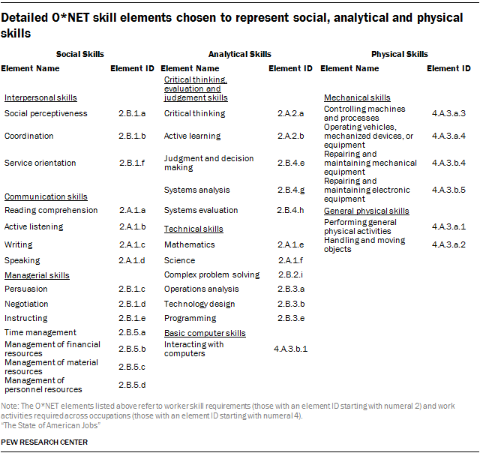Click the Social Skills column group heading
click(x=80, y=54)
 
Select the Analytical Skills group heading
click(x=240, y=54)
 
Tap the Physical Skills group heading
click(x=400, y=54)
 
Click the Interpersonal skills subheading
click(x=40, y=97)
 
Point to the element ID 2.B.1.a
click(x=132, y=113)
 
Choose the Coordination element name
click(x=28, y=136)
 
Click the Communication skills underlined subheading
click(x=46, y=196)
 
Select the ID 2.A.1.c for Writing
click(x=132, y=244)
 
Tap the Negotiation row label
click(x=26, y=304)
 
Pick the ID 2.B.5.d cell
click(x=132, y=385)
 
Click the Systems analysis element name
click(x=196, y=190)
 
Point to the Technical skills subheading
click(x=193, y=229)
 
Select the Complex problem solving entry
click(x=211, y=274)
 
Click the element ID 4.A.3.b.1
click(x=290, y=349)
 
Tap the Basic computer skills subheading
click(x=205, y=333)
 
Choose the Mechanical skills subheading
click(x=357, y=97)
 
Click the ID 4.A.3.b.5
click(x=448, y=190)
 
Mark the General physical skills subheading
click(x=367, y=211)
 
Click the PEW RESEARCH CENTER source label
click(x=44, y=442)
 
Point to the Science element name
click(x=179, y=260)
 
